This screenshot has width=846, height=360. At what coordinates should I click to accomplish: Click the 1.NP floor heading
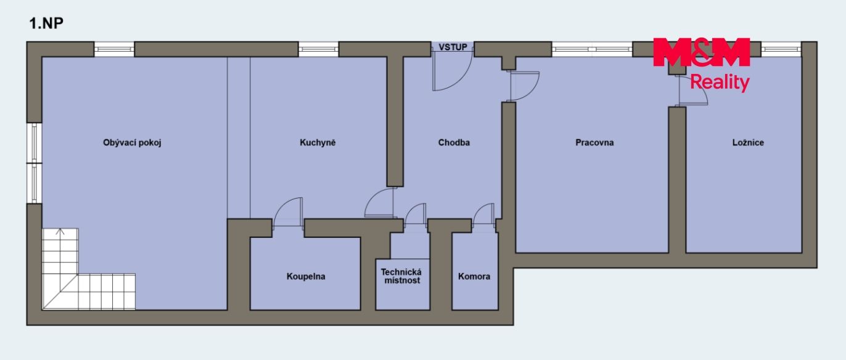click(46, 23)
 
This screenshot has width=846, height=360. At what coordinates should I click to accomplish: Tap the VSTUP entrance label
click(453, 47)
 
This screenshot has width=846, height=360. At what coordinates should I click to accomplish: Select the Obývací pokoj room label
click(132, 143)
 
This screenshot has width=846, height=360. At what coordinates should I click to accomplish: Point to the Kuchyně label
click(318, 142)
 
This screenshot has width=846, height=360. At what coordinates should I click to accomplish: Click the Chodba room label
click(454, 142)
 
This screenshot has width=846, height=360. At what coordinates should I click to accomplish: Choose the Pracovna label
click(594, 142)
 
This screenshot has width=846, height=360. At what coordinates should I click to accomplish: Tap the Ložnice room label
click(748, 142)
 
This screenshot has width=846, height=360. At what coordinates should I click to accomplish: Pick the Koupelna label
click(306, 276)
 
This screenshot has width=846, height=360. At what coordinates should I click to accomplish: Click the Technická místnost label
click(401, 276)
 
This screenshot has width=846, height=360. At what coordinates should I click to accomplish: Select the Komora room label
click(474, 276)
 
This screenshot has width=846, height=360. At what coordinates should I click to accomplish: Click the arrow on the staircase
click(60, 232)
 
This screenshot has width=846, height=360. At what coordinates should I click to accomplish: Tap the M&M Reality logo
click(702, 64)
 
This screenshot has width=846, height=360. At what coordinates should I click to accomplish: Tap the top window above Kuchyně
click(318, 49)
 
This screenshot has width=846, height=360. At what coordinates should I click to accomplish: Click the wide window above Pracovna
click(592, 49)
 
